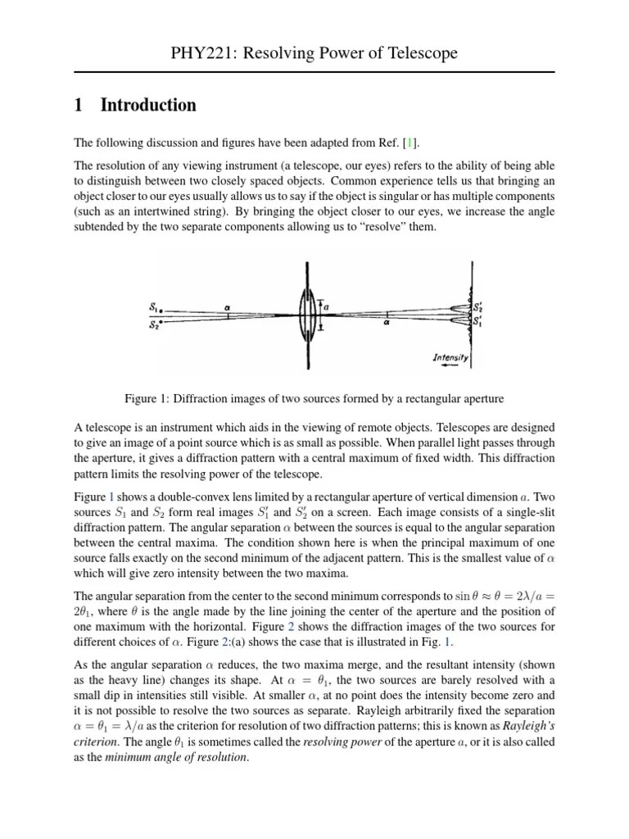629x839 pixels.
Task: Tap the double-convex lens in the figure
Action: coord(307,314)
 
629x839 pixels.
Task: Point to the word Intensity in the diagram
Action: coord(450,358)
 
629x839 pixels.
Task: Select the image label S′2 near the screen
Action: coord(479,307)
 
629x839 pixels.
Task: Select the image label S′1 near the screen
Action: coord(479,320)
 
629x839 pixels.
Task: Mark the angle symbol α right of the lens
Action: coord(387,323)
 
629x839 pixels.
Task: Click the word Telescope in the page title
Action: coord(422,54)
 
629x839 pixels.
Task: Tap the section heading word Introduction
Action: coord(148,105)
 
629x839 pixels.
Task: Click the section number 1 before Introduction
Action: coord(79,105)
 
